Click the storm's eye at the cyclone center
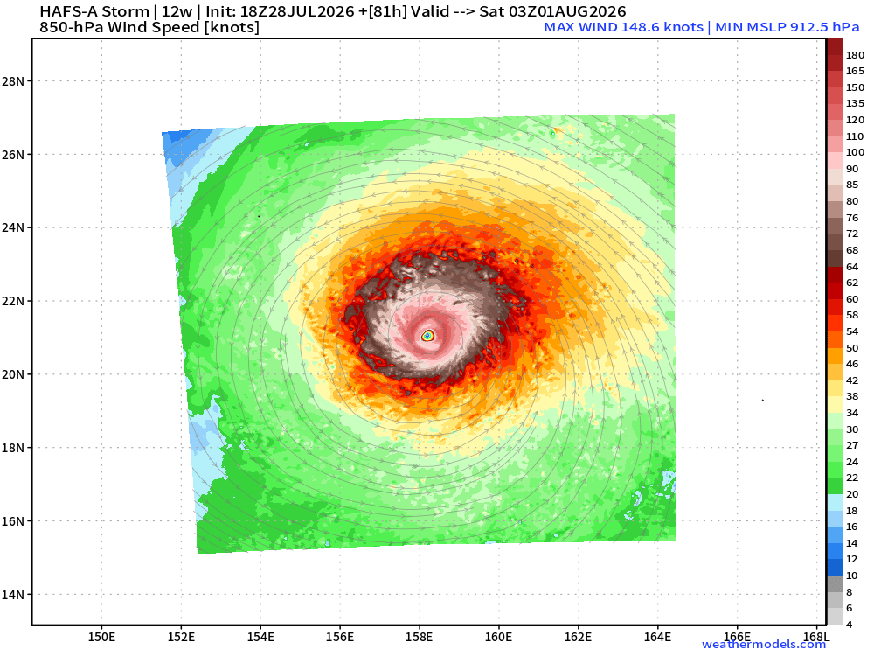(427, 336)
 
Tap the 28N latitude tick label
(13, 81)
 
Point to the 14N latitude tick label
(13, 595)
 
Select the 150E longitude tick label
(102, 637)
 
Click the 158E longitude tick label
(420, 637)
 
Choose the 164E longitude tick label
(657, 637)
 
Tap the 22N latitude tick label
(13, 301)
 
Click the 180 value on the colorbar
(855, 55)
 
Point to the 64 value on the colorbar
(852, 267)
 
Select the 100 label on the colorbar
(855, 152)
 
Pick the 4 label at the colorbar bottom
(849, 625)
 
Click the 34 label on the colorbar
(852, 414)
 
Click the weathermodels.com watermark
(764, 645)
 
